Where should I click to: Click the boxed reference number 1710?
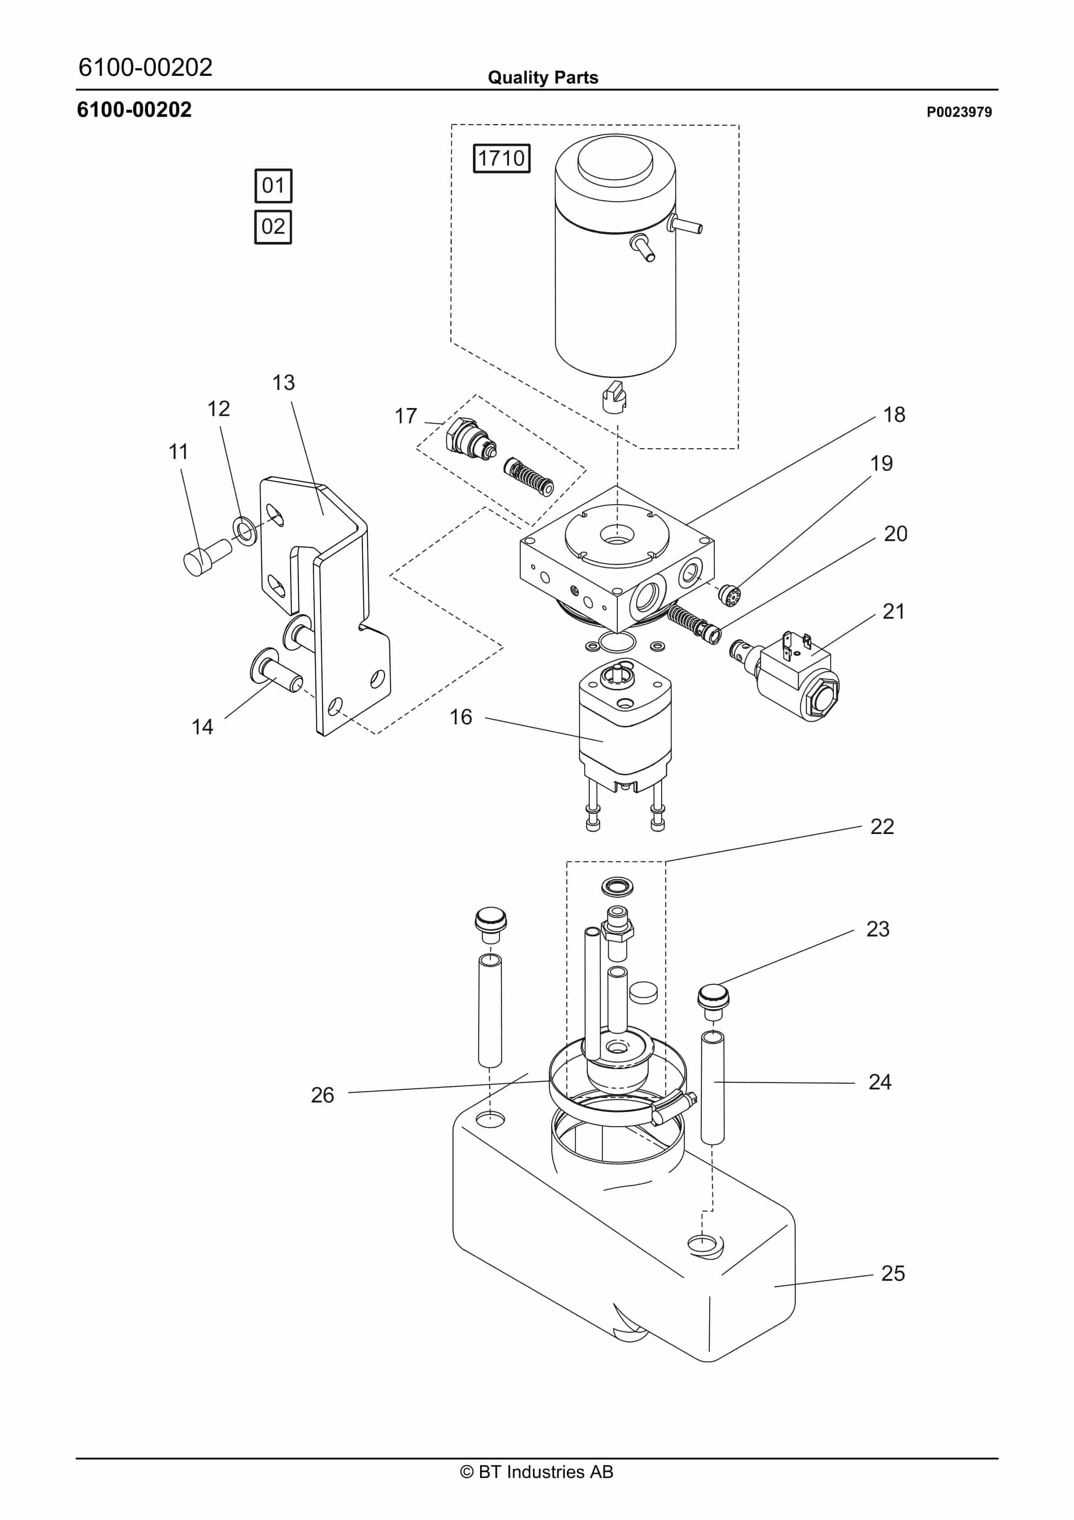coord(501,158)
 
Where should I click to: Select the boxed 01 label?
coord(273,185)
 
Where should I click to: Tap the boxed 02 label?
coord(273,227)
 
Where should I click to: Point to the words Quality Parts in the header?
coord(542,78)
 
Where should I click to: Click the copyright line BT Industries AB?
coord(537,1472)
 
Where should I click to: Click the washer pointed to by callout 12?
coord(244,530)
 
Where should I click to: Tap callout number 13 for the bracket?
coord(283,383)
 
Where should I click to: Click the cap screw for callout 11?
coord(205,557)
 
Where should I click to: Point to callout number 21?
coord(893,611)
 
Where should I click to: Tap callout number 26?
coord(323,1094)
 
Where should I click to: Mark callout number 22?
coord(882,826)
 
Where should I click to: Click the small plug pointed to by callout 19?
coord(728,594)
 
